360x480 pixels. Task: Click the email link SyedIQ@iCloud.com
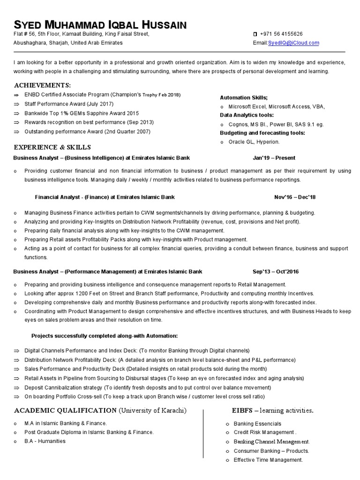[x=293, y=43]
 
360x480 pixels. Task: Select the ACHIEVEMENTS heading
[x=43, y=85]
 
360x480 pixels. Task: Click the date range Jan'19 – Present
[x=274, y=158]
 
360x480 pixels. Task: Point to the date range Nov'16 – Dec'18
[x=295, y=197]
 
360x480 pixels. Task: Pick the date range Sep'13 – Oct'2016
[x=276, y=271]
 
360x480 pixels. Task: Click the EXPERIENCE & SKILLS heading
[x=52, y=147]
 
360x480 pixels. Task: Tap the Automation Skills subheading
[x=244, y=97]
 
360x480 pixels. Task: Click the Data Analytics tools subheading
[x=247, y=115]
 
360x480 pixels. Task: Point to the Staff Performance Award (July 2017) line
[x=69, y=104]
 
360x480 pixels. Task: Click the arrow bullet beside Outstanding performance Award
[x=16, y=132]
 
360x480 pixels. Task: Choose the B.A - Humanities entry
[x=45, y=441]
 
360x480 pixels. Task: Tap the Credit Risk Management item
[x=265, y=432]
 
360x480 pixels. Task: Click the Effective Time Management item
[x=268, y=460]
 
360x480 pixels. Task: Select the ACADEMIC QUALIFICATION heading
[x=66, y=411]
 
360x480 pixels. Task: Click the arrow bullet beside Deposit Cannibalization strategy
[x=16, y=388]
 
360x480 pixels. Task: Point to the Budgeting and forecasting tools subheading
[x=262, y=133]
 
